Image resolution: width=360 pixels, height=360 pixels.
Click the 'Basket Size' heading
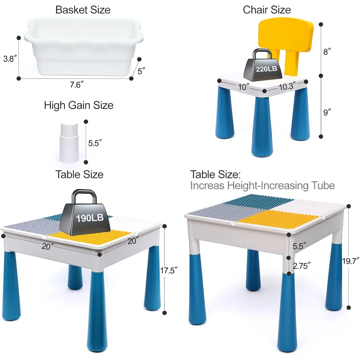[x=83, y=10]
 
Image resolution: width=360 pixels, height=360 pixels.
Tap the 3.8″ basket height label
[x=10, y=59]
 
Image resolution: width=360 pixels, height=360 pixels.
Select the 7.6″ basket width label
[x=77, y=85]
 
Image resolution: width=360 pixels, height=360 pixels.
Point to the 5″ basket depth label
[x=141, y=71]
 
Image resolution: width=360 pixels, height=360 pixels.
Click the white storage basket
[x=84, y=46]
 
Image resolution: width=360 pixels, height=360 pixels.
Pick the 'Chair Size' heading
[x=267, y=10]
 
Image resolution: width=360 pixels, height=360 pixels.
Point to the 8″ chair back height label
[x=327, y=51]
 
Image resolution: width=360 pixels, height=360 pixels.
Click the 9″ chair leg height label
[x=327, y=112]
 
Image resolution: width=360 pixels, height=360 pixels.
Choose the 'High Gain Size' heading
[x=79, y=105]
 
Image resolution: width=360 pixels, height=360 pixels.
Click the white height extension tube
[x=69, y=143]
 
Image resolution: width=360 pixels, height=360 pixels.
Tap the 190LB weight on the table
[x=85, y=213]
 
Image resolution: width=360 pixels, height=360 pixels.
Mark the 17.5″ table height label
[x=169, y=270]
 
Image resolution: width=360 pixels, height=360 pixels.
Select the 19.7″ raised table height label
[x=351, y=261]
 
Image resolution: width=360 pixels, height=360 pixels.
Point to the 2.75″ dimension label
[x=302, y=266]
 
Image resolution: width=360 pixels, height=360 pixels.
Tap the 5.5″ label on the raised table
[x=299, y=246]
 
